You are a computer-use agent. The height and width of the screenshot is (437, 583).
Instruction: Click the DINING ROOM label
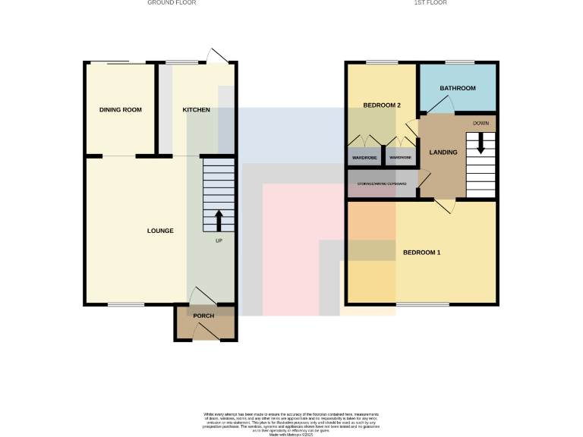121,110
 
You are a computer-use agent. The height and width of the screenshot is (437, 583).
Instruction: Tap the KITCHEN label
196,110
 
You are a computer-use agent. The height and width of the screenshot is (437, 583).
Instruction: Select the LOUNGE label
160,231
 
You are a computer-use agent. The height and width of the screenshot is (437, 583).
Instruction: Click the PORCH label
203,316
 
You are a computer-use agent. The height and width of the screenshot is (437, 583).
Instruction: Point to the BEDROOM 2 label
381,105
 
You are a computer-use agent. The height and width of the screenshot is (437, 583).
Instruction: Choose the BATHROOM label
458,88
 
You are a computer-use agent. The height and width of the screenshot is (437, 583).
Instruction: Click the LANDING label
443,152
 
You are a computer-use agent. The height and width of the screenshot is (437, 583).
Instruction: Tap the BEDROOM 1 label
421,252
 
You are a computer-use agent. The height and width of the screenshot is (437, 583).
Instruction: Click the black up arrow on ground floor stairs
219,220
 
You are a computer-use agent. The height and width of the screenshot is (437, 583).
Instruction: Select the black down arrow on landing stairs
480,143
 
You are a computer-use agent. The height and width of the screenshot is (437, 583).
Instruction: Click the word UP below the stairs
219,242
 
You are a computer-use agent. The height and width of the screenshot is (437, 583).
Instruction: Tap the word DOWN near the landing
481,123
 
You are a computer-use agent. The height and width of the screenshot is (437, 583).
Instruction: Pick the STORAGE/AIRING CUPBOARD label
382,183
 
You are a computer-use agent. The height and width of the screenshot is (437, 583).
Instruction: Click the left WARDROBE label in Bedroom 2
364,158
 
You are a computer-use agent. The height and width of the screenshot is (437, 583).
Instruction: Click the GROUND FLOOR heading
171,3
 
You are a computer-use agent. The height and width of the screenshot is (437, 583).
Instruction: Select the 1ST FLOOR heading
430,3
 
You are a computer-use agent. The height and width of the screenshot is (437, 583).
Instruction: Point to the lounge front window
125,305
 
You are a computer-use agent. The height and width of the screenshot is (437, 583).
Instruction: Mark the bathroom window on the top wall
459,62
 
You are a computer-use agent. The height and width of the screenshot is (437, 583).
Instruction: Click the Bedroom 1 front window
422,305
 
